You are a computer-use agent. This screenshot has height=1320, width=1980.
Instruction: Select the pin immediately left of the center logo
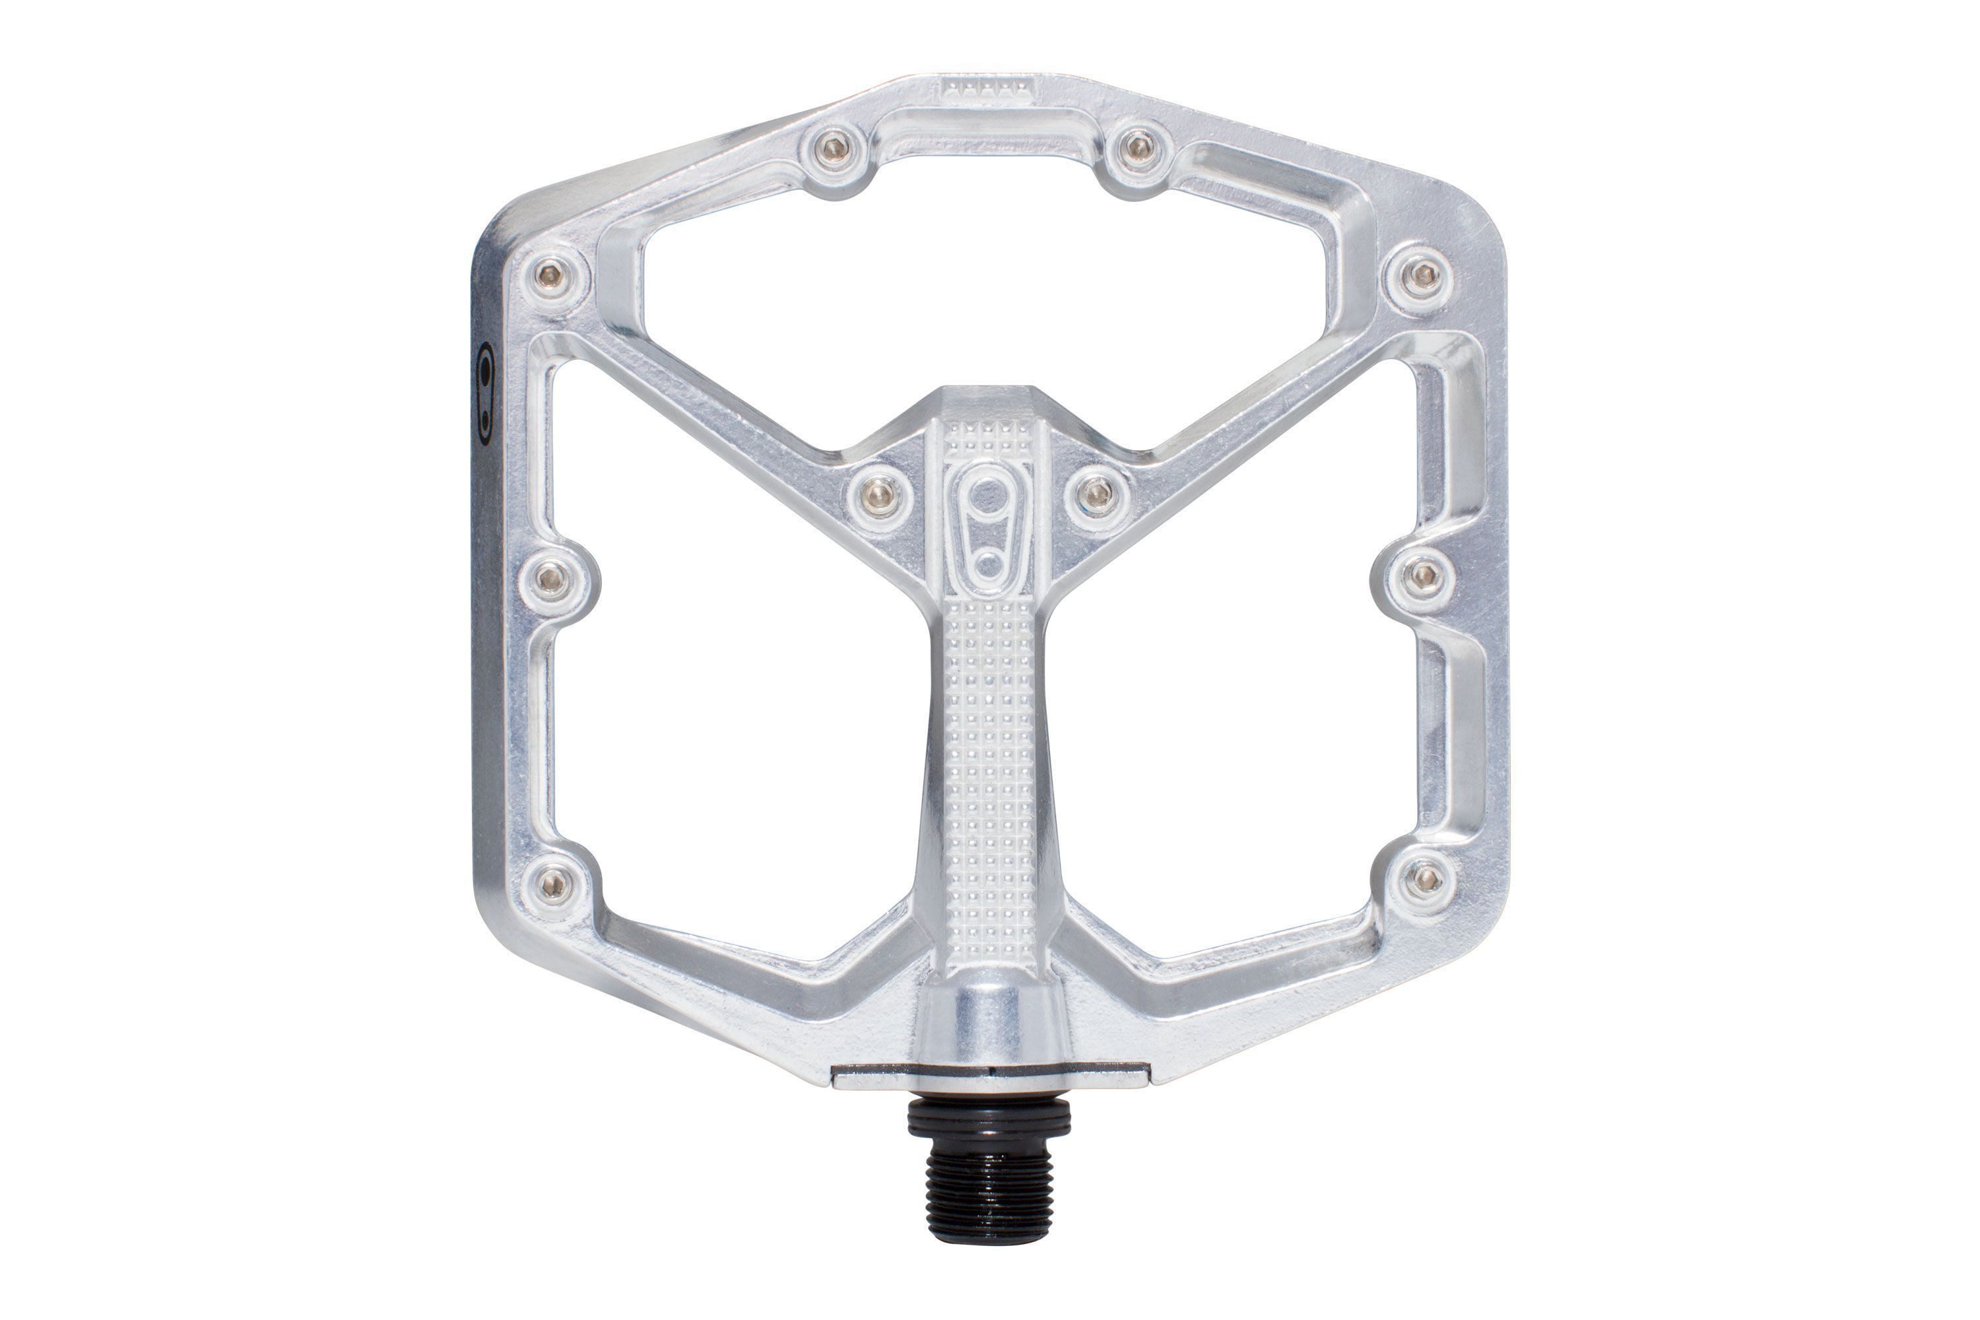click(x=880, y=488)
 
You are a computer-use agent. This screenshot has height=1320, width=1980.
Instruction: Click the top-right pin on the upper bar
click(x=1137, y=147)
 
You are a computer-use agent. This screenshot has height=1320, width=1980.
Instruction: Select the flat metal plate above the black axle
click(x=989, y=1080)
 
